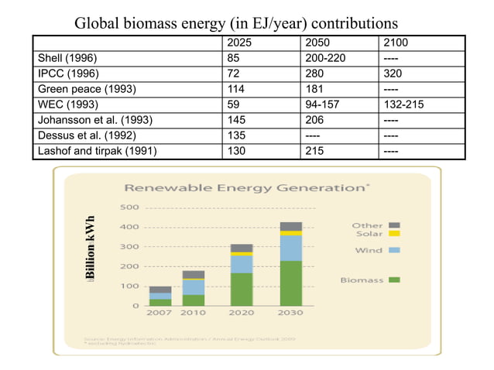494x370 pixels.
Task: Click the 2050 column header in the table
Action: [319, 42]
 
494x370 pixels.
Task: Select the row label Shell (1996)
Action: [68, 57]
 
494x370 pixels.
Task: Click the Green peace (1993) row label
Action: [87, 88]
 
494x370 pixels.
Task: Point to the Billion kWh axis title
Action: [91, 248]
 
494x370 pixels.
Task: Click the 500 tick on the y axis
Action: [129, 207]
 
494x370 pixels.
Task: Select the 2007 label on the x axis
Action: [160, 313]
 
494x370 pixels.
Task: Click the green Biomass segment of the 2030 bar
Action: [291, 283]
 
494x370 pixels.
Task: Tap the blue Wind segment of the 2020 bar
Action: [242, 264]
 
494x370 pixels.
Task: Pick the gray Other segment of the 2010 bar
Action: [193, 274]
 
